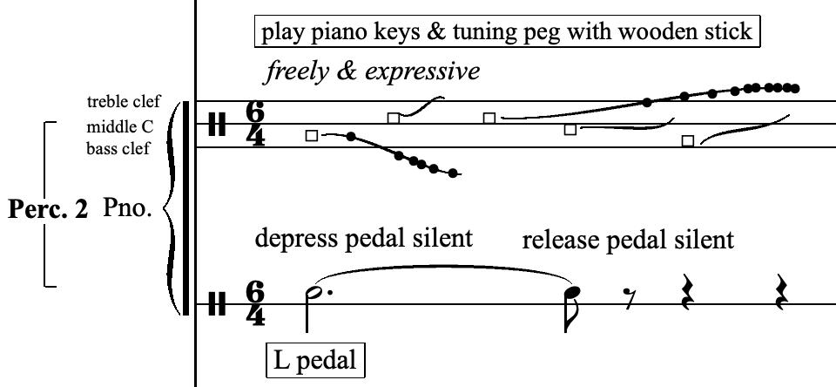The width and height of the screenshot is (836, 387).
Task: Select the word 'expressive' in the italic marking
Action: pyautogui.click(x=427, y=71)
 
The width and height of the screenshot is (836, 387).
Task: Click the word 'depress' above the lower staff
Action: pyautogui.click(x=293, y=237)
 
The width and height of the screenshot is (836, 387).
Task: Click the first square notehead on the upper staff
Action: pyautogui.click(x=312, y=135)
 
